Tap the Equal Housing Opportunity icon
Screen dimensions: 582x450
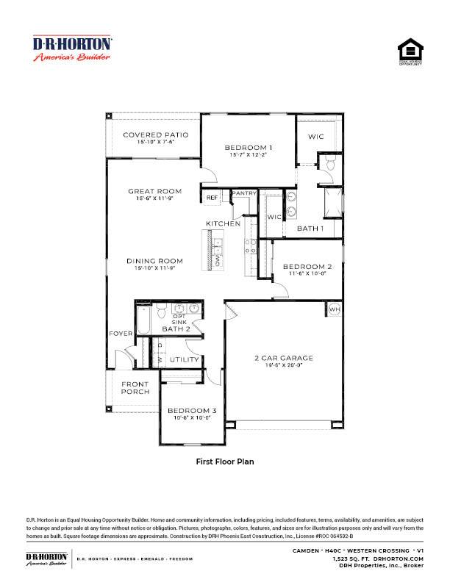pyautogui.click(x=410, y=53)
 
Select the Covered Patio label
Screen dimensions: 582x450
pyautogui.click(x=155, y=135)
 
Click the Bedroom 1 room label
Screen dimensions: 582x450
pyautogui.click(x=249, y=148)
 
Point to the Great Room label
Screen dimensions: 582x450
pyautogui.click(x=154, y=191)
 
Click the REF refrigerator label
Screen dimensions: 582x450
pyautogui.click(x=212, y=197)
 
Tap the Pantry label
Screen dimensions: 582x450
pyautogui.click(x=243, y=193)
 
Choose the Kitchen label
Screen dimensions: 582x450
pyautogui.click(x=223, y=223)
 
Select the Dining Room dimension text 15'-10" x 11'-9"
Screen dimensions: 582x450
pyautogui.click(x=154, y=269)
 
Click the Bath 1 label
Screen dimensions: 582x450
pyautogui.click(x=310, y=229)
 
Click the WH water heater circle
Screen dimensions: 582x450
pyautogui.click(x=334, y=309)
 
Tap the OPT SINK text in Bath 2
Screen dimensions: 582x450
pyautogui.click(x=179, y=319)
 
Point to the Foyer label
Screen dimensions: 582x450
pyautogui.click(x=121, y=334)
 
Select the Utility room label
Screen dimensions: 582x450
pyautogui.click(x=184, y=359)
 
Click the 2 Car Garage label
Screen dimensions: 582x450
pyautogui.click(x=284, y=358)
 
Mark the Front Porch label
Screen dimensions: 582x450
pyautogui.click(x=135, y=388)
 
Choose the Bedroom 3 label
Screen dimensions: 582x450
pyautogui.click(x=192, y=410)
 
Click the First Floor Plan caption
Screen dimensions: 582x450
pyautogui.click(x=224, y=462)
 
